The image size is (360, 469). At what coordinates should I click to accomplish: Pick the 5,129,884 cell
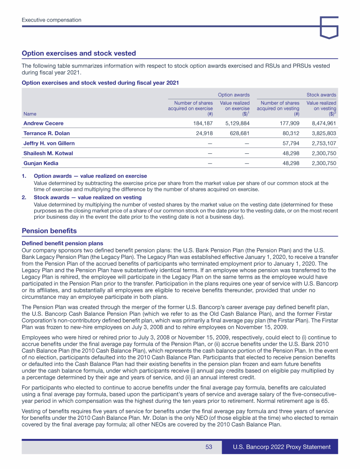pyautogui.click(x=237, y=123)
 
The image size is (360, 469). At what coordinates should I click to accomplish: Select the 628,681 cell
pyautogui.click(x=240, y=133)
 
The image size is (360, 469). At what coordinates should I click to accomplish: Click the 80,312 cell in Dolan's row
pyautogui.click(x=289, y=133)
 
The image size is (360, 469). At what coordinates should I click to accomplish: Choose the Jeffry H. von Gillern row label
pyautogui.click(x=49, y=143)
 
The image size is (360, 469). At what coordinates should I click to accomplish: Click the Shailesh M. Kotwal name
pyautogui.click(x=48, y=153)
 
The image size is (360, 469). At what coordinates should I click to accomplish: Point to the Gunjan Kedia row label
pyautogui.click(x=40, y=163)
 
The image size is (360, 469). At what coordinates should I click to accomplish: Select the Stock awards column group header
pyautogui.click(x=321, y=95)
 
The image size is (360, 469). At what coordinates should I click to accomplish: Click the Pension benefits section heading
pyautogui.click(x=49, y=231)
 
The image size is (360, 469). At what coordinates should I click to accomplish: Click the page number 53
pyautogui.click(x=209, y=447)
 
